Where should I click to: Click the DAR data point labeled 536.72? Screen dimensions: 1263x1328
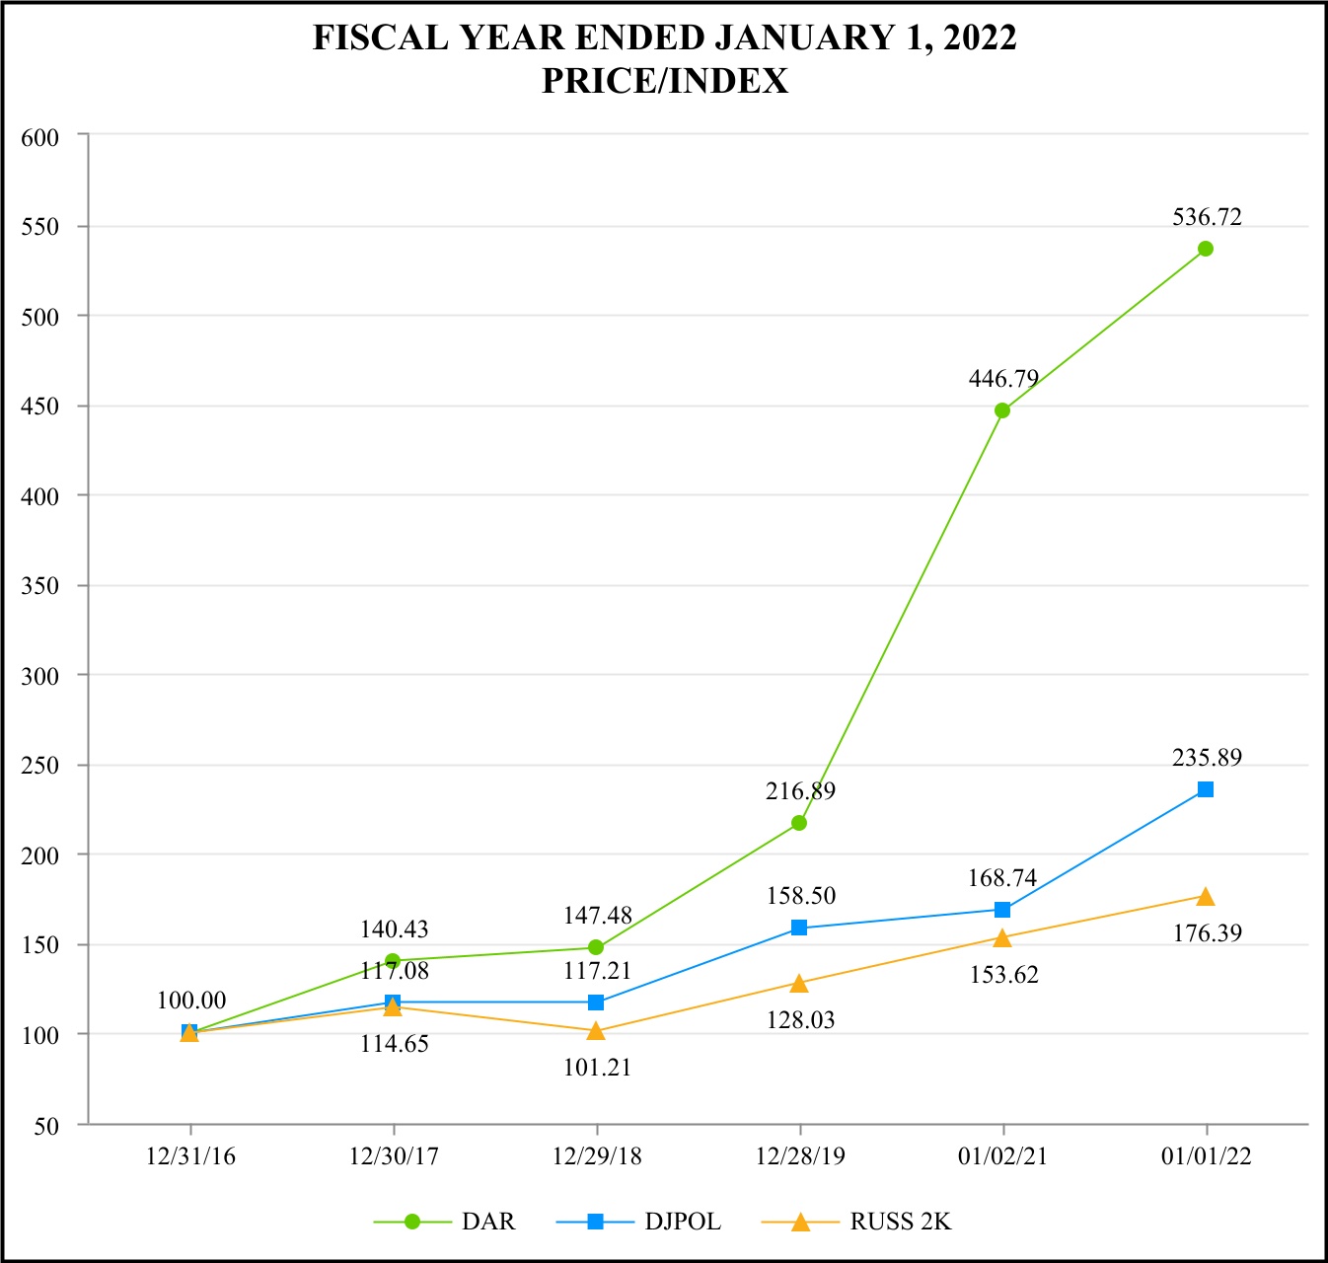click(1206, 249)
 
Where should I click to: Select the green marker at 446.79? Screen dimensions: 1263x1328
click(1002, 410)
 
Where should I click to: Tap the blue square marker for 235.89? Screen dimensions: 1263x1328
click(1206, 789)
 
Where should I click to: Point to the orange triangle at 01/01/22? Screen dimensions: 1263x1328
click(1206, 897)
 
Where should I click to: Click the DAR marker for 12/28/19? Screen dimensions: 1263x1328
click(799, 823)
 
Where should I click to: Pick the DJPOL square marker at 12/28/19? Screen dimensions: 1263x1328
click(799, 928)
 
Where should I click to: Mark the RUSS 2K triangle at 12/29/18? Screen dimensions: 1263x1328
click(596, 1031)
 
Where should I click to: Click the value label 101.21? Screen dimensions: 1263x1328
click(597, 1068)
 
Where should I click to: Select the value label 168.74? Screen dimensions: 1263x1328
click(1002, 878)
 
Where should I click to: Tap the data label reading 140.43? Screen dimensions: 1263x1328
click(394, 929)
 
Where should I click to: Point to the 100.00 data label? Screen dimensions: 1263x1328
click(191, 1001)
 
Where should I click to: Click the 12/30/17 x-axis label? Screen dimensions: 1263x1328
click(394, 1156)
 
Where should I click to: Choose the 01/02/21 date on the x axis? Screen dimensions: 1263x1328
click(1002, 1156)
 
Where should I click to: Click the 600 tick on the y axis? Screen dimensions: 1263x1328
click(40, 137)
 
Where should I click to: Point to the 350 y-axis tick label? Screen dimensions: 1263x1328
click(40, 586)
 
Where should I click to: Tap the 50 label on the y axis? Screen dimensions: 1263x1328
click(46, 1126)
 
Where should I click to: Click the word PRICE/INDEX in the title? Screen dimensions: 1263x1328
click(665, 81)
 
